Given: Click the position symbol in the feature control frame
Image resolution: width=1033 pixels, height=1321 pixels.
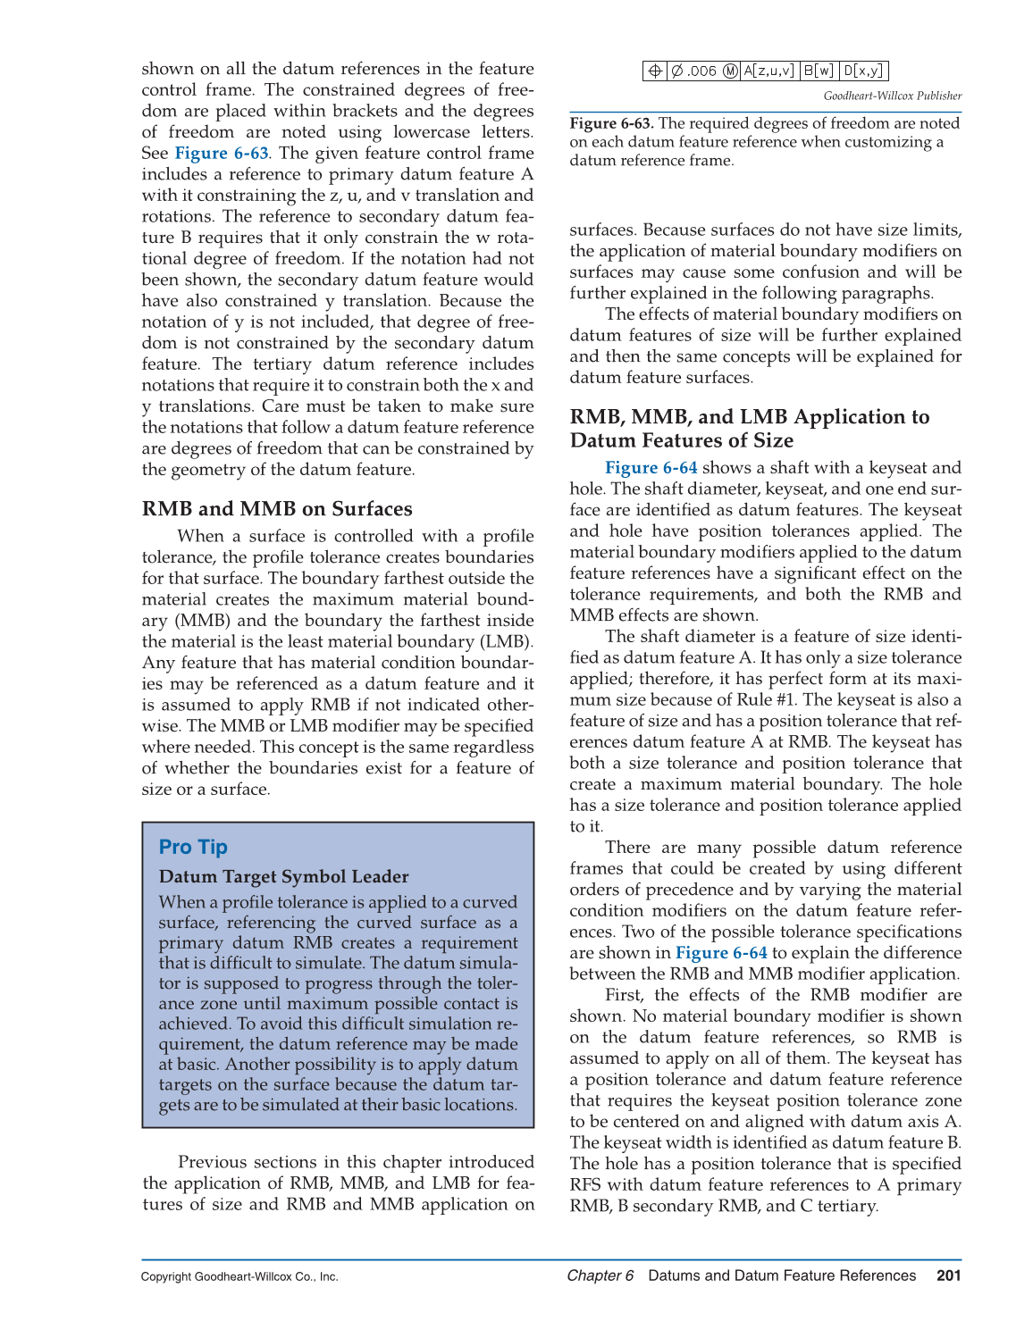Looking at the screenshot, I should (654, 71).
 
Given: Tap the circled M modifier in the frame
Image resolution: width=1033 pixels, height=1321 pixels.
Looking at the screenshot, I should (731, 71).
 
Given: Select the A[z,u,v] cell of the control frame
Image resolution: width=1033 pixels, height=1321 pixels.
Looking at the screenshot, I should (769, 71).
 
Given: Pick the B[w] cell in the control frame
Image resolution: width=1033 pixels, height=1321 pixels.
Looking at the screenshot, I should (819, 71).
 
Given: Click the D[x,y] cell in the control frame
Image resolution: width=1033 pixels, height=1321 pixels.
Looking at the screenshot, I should (864, 71).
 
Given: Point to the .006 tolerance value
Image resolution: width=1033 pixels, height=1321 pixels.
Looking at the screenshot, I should (701, 71).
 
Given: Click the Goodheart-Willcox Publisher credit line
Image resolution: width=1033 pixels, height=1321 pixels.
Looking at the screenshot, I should (892, 96).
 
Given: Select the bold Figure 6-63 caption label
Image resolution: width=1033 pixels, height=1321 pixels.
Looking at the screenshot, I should (611, 123).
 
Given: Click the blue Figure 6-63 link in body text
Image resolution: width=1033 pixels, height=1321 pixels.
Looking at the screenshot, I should (221, 153).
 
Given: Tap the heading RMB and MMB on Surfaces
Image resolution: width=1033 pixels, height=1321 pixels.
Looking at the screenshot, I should (277, 509).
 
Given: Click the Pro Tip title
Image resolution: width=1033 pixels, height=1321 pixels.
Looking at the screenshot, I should (193, 847).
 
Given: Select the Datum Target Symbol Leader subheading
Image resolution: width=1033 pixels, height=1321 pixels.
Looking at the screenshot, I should (283, 876).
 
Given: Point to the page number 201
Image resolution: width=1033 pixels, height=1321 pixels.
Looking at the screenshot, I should (948, 1275).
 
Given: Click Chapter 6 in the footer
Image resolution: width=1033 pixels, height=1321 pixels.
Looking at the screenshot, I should (600, 1275).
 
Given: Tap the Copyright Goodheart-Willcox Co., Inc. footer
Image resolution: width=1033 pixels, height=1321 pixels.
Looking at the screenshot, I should (239, 1276).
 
